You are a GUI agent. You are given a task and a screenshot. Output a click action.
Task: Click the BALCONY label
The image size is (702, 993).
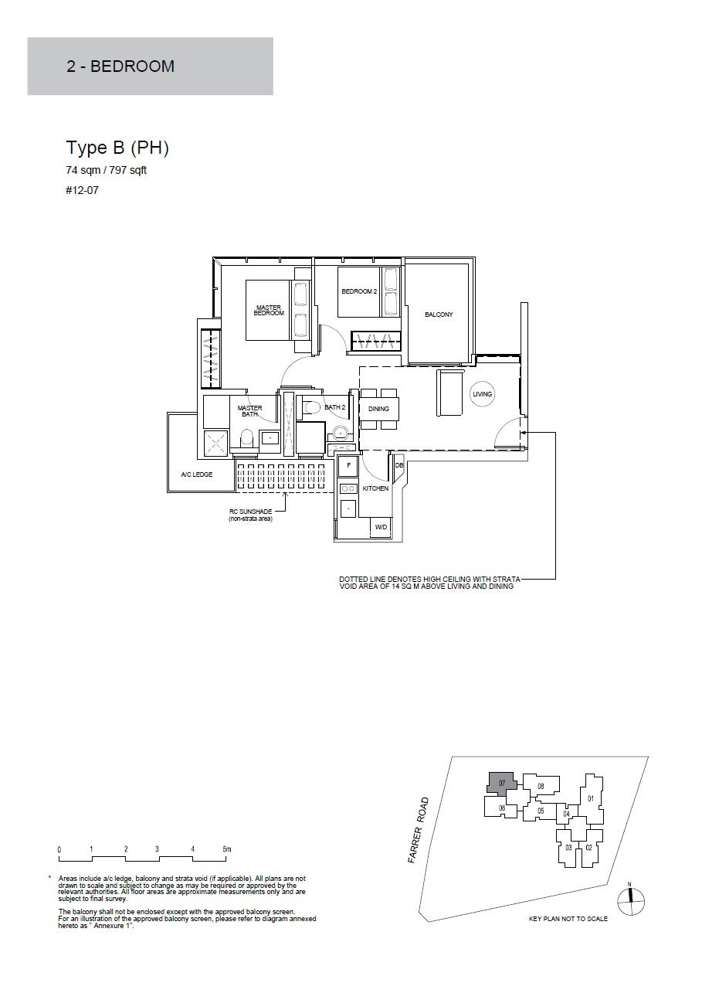tap(439, 315)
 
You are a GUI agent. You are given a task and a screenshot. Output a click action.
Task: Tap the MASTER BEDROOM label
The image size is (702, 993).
tap(269, 311)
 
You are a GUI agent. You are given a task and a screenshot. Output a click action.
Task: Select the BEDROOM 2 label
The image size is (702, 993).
tap(359, 291)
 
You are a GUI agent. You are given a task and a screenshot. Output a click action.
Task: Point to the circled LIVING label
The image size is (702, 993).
tap(482, 394)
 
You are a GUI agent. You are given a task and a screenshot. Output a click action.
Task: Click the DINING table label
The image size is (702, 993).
tap(378, 409)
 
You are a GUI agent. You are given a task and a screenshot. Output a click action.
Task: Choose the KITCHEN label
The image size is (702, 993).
tap(375, 488)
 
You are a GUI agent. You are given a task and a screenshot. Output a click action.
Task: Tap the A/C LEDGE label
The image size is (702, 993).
tap(197, 474)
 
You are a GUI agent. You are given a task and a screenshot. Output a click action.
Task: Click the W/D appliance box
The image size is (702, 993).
tap(381, 527)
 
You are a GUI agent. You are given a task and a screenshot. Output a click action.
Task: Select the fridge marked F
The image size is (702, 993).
tap(348, 465)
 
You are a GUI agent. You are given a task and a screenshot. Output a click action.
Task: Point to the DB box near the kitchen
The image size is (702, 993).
tap(398, 466)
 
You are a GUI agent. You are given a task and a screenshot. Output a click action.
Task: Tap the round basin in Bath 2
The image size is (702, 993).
tap(340, 432)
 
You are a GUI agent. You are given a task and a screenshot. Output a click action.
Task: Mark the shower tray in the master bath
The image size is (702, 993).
tap(216, 443)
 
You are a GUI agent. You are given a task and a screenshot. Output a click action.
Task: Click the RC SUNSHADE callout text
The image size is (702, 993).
tap(251, 515)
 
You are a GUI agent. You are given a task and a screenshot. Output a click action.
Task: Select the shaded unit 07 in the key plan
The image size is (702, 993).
tap(502, 783)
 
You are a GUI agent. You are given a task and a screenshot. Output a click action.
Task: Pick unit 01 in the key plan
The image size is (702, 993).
tap(590, 798)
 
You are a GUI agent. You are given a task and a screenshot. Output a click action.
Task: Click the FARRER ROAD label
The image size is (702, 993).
tap(419, 830)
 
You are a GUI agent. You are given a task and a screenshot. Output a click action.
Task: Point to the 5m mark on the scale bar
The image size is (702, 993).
tap(227, 849)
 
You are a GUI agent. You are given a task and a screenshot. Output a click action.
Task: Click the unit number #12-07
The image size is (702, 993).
tap(83, 191)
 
